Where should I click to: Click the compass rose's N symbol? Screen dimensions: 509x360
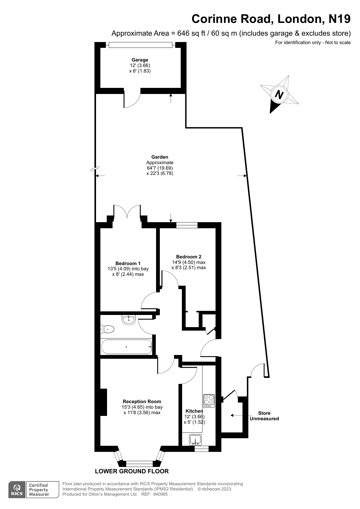(279, 95)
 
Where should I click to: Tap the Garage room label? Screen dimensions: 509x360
(140, 60)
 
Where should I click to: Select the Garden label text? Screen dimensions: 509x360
(160, 157)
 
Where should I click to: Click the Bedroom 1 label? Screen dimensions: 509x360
(128, 263)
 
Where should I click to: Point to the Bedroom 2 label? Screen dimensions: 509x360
(189, 257)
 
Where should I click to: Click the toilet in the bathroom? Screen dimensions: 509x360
(107, 329)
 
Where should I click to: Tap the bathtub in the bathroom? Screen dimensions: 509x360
(126, 347)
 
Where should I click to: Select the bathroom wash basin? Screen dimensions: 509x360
(129, 320)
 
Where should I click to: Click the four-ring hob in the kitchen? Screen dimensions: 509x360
(209, 400)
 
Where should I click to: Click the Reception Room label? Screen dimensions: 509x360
(142, 401)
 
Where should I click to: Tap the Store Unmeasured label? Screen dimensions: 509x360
(264, 416)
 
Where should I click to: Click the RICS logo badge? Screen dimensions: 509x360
(17, 490)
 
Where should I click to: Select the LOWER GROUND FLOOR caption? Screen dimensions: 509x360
(132, 471)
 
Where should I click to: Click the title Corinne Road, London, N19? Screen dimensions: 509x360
(271, 19)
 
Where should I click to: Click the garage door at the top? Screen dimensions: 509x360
(140, 45)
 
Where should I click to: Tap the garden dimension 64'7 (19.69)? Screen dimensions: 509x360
(160, 168)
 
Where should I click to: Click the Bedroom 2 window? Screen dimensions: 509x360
(187, 225)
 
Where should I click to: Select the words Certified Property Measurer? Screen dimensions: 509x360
(39, 490)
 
